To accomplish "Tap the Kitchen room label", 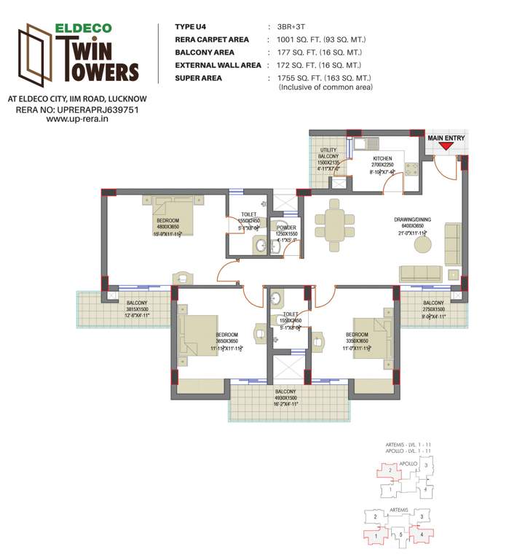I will [x=383, y=163].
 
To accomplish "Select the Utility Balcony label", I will [x=328, y=159].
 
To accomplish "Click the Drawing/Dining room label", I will [x=411, y=223].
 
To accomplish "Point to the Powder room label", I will [x=286, y=233].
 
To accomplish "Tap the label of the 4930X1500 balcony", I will [x=286, y=397].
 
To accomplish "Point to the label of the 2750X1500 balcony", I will [x=433, y=307].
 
